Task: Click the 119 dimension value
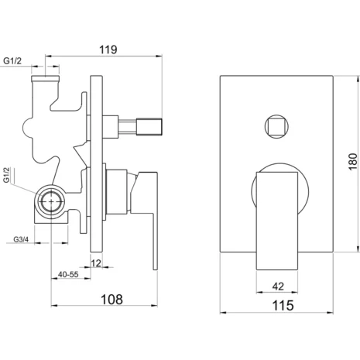[108, 50]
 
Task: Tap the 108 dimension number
[111, 300]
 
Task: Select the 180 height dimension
[353, 162]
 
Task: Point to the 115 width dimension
[283, 305]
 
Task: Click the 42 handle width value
[278, 286]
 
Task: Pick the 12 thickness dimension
[96, 263]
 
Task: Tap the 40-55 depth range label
[68, 274]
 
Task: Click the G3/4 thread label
[21, 239]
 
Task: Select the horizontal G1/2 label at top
[12, 61]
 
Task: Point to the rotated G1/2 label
[7, 175]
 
